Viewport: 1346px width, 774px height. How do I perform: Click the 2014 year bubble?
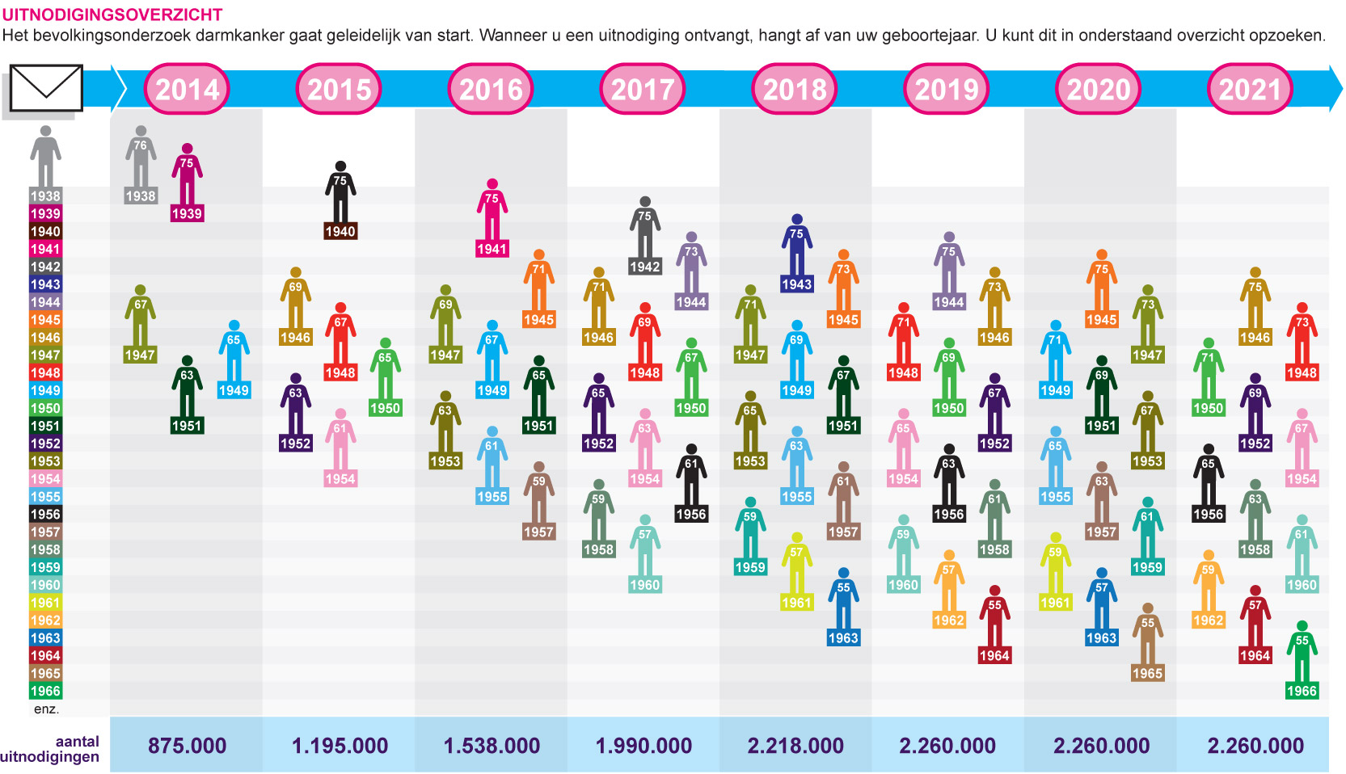187,89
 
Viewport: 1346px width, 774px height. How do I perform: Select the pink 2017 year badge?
643,89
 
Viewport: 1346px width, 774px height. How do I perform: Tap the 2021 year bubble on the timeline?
1250,89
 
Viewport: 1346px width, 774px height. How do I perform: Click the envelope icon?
46,88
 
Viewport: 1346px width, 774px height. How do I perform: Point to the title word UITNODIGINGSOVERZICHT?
112,15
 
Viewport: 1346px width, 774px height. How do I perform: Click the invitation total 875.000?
187,746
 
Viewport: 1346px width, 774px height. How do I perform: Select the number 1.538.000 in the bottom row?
492,746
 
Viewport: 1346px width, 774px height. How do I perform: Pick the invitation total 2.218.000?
795,746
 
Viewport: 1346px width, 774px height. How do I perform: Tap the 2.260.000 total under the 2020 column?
1101,746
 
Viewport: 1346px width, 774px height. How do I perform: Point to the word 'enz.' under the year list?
46,709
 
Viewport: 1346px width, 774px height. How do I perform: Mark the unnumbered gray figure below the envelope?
45,156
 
